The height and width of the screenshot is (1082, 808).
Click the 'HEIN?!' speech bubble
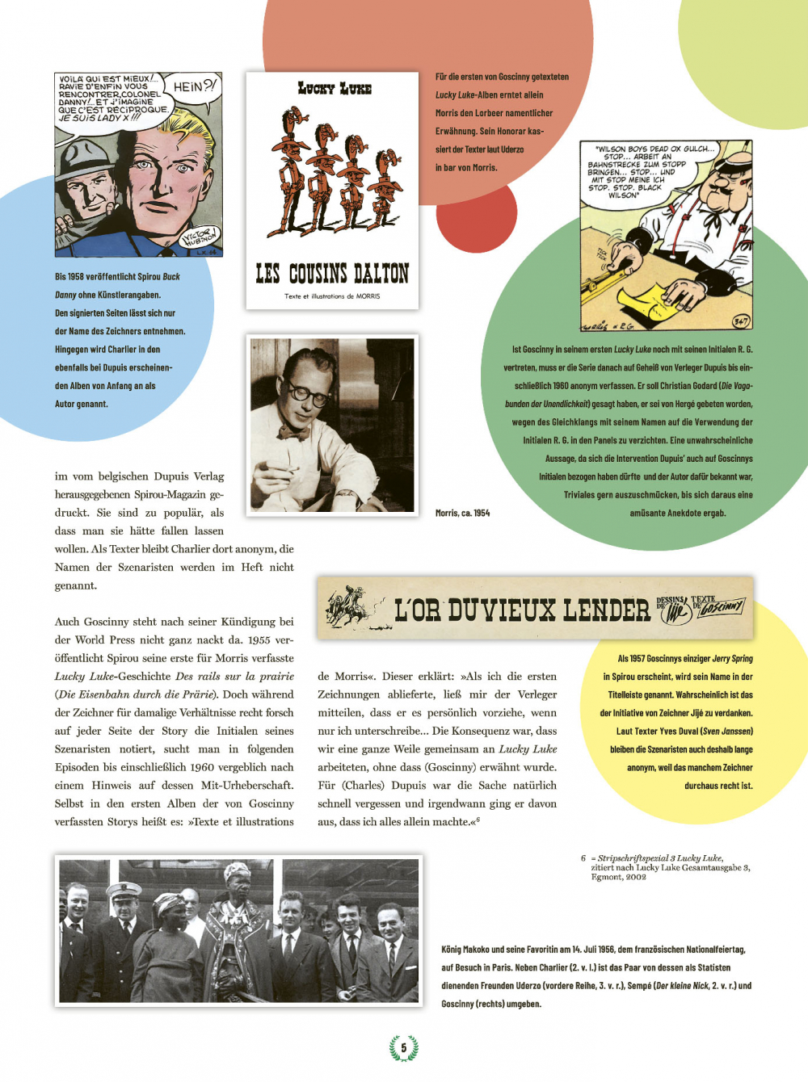point(194,87)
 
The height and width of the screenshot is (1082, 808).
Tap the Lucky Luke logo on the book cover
point(334,88)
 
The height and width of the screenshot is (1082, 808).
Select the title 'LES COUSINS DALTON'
point(332,274)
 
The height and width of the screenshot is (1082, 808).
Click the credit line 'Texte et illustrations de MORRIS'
point(332,296)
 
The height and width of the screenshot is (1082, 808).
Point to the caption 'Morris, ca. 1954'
point(462,513)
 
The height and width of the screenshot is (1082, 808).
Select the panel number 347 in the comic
point(740,321)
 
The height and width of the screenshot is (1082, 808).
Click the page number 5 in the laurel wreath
point(404,1048)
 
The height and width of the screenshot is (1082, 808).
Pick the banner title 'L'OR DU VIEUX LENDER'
point(521,610)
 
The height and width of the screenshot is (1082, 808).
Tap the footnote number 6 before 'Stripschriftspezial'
point(583,858)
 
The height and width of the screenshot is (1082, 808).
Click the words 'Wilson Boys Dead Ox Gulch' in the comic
point(654,149)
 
